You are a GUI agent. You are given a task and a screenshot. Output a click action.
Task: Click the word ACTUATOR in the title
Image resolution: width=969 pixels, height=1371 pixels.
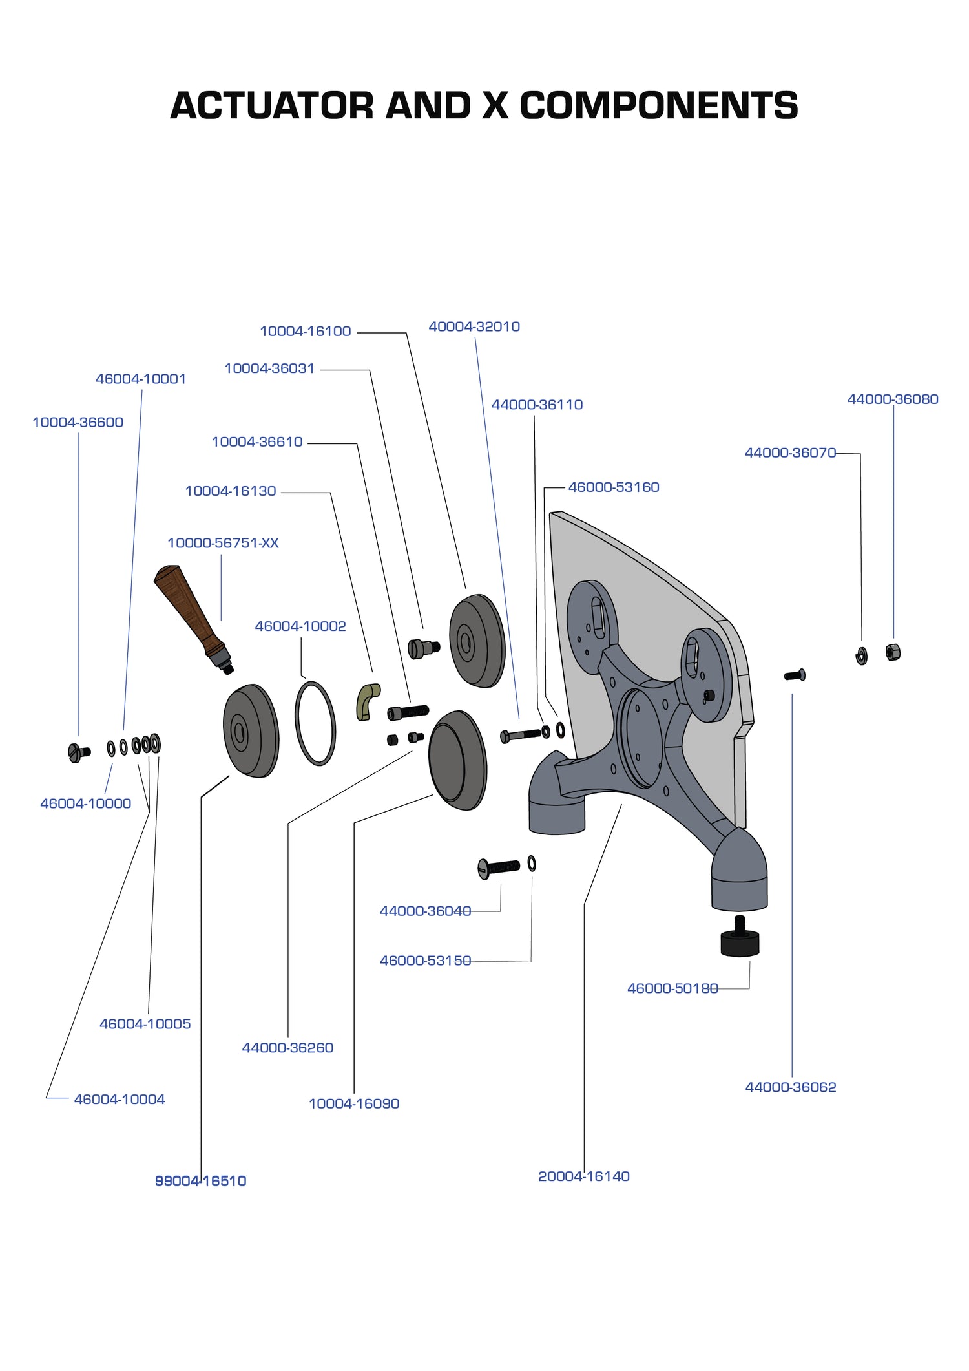(271, 105)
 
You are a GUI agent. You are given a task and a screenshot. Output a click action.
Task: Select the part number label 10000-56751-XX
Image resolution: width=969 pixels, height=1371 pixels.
(223, 543)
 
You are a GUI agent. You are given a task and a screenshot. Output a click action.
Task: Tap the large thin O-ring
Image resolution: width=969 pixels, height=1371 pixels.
(315, 723)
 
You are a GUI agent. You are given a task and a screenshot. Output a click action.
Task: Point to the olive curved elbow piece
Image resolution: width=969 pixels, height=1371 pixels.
(368, 701)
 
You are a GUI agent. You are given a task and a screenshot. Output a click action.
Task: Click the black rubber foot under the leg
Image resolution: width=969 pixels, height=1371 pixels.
(740, 941)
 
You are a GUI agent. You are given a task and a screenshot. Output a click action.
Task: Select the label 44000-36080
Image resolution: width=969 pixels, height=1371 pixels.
(893, 399)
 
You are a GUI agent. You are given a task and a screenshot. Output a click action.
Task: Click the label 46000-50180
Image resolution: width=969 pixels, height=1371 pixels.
(672, 988)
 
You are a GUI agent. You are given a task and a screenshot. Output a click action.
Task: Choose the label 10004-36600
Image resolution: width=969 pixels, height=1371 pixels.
(78, 422)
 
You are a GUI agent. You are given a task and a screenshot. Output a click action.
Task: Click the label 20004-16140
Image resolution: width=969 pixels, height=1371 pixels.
(584, 1176)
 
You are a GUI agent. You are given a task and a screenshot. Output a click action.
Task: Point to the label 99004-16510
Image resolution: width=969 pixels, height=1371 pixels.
(201, 1181)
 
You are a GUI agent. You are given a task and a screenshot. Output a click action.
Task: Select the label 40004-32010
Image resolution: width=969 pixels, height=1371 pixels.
(474, 326)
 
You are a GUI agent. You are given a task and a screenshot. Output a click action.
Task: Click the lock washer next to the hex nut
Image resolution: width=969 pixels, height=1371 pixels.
(861, 656)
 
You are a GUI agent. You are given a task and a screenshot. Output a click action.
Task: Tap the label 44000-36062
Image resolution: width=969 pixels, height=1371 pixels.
(791, 1087)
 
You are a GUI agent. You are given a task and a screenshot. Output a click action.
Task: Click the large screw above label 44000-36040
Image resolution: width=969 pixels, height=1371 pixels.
(499, 867)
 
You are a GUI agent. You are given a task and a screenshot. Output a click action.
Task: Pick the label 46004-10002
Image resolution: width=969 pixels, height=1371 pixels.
(300, 626)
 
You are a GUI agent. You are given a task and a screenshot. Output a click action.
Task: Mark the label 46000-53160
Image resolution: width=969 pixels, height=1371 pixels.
(614, 487)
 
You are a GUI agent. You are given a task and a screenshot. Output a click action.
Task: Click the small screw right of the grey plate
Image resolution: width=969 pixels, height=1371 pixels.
(795, 675)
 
